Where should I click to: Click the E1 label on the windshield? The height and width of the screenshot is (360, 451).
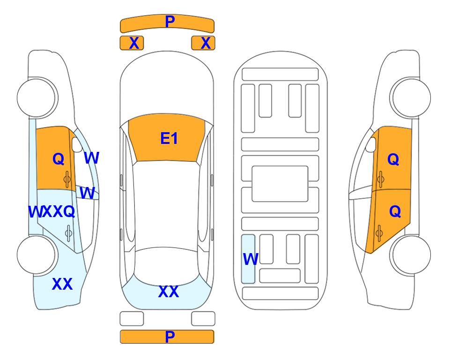(x=169, y=138)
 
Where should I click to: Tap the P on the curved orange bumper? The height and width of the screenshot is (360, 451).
(x=170, y=21)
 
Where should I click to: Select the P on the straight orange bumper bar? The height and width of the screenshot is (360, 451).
(x=170, y=337)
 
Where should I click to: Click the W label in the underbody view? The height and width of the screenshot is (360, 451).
(x=251, y=259)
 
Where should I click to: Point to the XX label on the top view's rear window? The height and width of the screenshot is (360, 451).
(x=169, y=292)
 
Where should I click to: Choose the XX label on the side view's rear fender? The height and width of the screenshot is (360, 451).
(x=62, y=284)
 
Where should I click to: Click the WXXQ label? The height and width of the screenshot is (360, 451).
(x=52, y=212)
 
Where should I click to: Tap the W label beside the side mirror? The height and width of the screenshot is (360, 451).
(x=92, y=158)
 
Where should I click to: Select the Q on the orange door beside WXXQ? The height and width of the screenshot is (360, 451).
(x=59, y=159)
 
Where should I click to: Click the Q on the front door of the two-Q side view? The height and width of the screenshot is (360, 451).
(x=393, y=159)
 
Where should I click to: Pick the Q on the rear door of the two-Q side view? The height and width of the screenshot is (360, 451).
(x=395, y=211)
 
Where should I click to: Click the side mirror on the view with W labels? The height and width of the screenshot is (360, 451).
(x=77, y=144)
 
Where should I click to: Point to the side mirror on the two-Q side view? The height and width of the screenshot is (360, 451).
(x=371, y=144)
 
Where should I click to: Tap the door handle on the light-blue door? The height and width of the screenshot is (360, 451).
(x=68, y=232)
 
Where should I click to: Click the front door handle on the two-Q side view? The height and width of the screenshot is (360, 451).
(x=380, y=179)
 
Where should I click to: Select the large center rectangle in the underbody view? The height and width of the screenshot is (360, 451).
(x=280, y=184)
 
